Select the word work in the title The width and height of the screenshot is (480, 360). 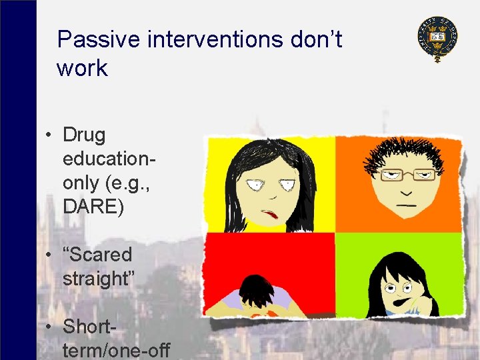(82, 68)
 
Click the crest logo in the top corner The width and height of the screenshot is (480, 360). (437, 39)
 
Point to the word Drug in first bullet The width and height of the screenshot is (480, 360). (84, 135)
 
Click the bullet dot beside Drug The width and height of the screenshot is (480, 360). (49, 136)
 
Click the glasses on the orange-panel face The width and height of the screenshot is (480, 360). (408, 175)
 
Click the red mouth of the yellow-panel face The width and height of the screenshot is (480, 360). (270, 214)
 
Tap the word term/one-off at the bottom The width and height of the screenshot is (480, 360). (117, 350)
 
